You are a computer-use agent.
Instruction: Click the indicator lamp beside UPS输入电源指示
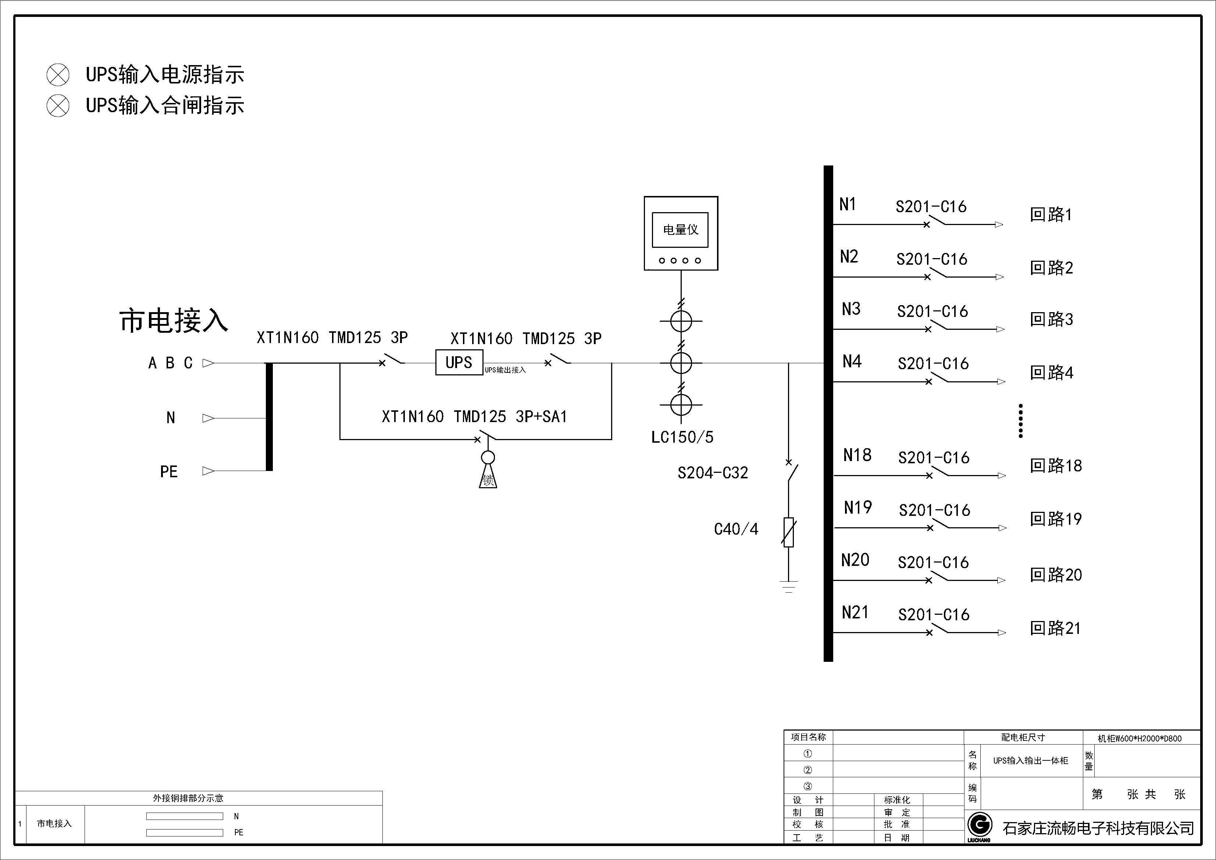coord(58,75)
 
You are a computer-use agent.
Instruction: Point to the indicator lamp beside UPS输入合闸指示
coord(58,106)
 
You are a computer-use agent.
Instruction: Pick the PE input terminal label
coord(169,472)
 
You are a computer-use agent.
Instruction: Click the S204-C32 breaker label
coord(713,473)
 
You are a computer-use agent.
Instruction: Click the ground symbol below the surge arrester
coord(789,586)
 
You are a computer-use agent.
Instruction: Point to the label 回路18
coord(1056,466)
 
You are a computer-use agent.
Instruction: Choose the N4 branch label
coord(852,362)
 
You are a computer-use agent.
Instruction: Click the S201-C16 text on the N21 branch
coord(934,615)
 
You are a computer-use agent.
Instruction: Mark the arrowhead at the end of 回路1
coord(999,225)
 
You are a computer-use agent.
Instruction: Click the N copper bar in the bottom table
coord(184,816)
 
